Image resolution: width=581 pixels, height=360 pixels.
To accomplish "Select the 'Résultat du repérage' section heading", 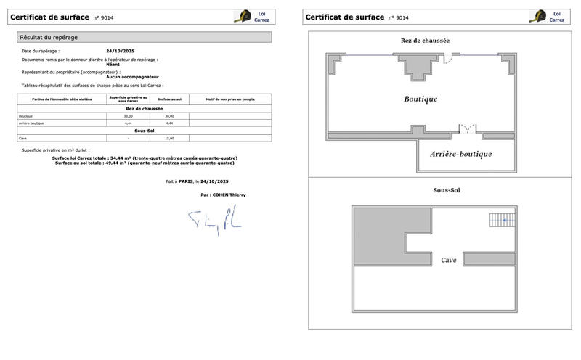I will coord(49,37).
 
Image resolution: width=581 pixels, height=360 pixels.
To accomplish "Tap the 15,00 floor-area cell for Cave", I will coord(170,138).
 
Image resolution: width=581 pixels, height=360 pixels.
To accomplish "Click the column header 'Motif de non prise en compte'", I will coord(230,99).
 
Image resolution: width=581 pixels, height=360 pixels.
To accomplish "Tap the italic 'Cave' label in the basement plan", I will coord(448,259).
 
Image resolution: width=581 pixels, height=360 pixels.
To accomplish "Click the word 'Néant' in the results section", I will coord(113,64).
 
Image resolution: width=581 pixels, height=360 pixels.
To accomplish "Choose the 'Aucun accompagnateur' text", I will coord(132,76).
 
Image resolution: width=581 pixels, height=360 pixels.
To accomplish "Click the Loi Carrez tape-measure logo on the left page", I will coord(242,17).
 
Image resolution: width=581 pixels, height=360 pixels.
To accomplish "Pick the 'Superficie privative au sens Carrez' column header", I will coord(128,99).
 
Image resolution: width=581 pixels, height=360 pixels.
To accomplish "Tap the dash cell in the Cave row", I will coord(128,138).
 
